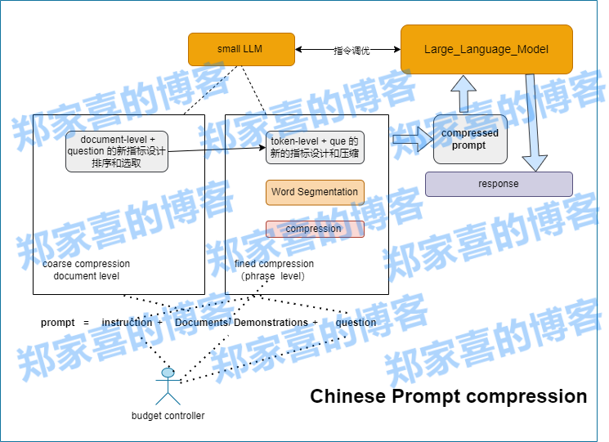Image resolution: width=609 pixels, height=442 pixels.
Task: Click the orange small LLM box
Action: pos(241,49)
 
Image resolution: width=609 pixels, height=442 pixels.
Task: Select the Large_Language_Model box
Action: pos(486,49)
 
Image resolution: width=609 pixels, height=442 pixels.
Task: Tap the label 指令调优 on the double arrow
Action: pos(352,51)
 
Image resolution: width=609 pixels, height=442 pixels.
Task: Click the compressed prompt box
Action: pos(469,139)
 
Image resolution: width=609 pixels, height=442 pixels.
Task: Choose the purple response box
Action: pos(499,184)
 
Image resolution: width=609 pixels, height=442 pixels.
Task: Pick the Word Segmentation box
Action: pos(315,192)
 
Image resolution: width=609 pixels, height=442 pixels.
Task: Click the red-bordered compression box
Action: pos(315,229)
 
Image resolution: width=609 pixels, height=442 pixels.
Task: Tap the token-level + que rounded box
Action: pos(315,147)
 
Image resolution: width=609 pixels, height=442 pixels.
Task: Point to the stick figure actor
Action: pos(168,386)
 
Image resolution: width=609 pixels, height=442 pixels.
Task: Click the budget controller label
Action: pos(168,416)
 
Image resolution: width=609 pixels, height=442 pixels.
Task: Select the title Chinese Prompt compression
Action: pos(448,397)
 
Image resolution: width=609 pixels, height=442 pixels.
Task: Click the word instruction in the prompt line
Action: pos(127,323)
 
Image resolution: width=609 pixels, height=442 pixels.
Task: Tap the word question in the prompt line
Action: pos(356,323)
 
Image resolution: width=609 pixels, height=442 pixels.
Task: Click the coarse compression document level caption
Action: pos(86,270)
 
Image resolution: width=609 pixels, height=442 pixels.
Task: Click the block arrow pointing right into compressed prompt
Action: pos(412,139)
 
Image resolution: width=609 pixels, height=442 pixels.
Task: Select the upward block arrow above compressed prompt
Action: pos(464,93)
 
